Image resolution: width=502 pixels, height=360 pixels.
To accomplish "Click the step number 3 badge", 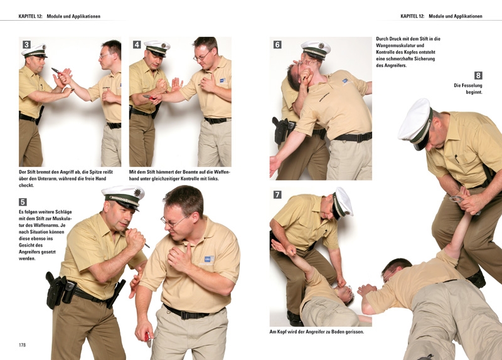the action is (26, 45).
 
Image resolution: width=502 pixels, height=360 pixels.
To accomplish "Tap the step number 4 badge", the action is (137, 45).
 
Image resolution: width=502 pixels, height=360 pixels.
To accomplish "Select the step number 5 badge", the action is (23, 202).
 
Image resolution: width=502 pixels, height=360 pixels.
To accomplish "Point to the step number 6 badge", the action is (277, 45).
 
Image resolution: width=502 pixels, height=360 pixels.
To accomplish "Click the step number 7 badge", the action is (277, 194).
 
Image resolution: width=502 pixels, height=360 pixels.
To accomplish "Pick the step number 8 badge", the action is (478, 75).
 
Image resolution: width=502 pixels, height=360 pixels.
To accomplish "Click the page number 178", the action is (22, 345).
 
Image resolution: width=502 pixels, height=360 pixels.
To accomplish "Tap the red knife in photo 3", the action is (56, 71).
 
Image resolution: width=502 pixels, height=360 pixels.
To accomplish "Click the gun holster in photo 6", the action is (280, 130).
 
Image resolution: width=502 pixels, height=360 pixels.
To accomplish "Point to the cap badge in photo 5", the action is (137, 193).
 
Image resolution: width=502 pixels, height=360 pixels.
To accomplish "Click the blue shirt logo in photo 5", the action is (209, 259).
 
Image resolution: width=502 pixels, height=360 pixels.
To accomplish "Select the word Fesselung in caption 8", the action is (472, 85).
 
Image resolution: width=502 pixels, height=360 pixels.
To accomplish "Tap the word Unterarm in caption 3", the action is (40, 179).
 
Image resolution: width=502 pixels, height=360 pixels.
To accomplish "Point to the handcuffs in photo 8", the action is (457, 199).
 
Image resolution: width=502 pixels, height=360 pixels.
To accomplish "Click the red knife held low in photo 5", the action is (148, 339).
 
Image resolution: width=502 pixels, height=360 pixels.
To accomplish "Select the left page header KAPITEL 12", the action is (30, 16).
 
